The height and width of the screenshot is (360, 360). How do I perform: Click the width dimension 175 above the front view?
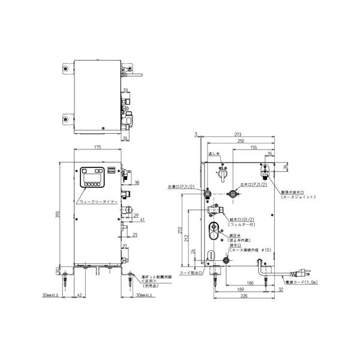pos(97,147)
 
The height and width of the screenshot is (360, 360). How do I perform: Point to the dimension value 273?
pos(238,135)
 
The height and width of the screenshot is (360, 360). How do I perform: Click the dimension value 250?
pos(241,141)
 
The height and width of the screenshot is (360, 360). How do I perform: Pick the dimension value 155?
pos(254,147)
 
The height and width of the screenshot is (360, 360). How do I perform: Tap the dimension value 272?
pos(181,229)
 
